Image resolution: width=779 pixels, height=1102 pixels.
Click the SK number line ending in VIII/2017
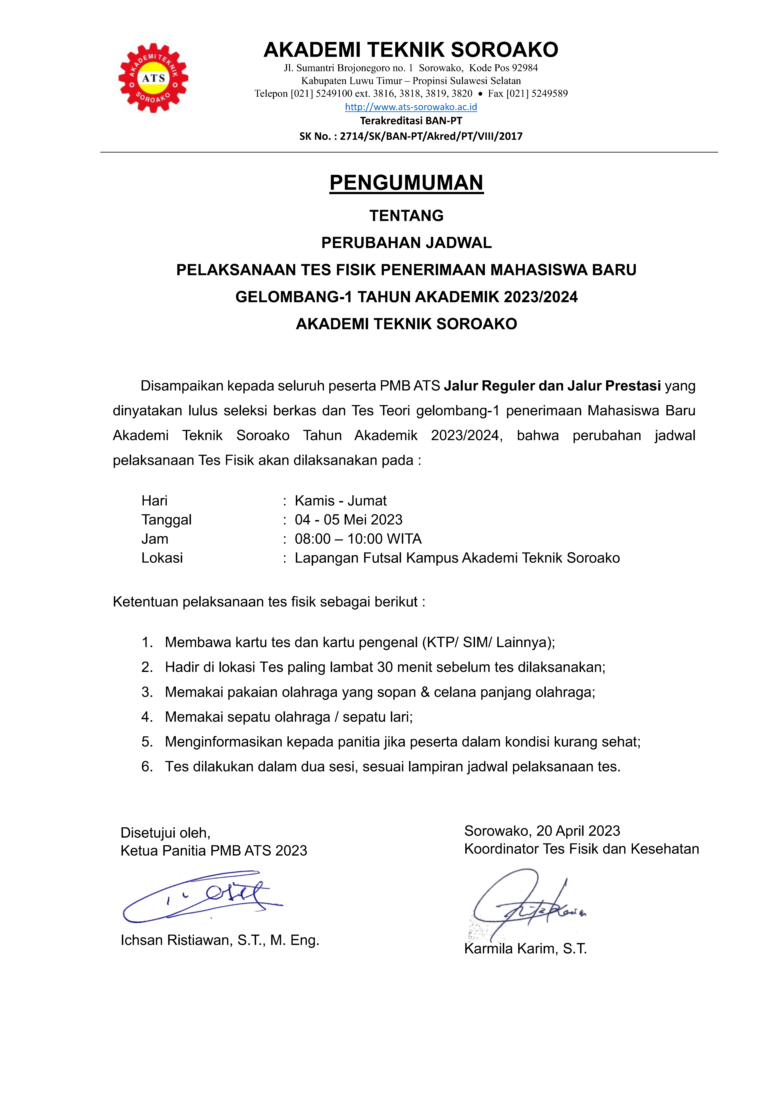coord(411,136)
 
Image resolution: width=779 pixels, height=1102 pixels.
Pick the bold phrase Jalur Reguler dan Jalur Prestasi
coord(552,386)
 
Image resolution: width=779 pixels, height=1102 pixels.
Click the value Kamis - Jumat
coord(340,501)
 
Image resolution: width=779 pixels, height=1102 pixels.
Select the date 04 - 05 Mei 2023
coord(348,520)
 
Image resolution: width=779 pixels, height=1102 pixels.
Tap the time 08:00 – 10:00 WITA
coord(358,539)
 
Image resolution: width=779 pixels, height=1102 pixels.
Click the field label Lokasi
coord(162,558)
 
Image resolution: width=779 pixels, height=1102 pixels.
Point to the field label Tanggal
coord(167,520)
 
